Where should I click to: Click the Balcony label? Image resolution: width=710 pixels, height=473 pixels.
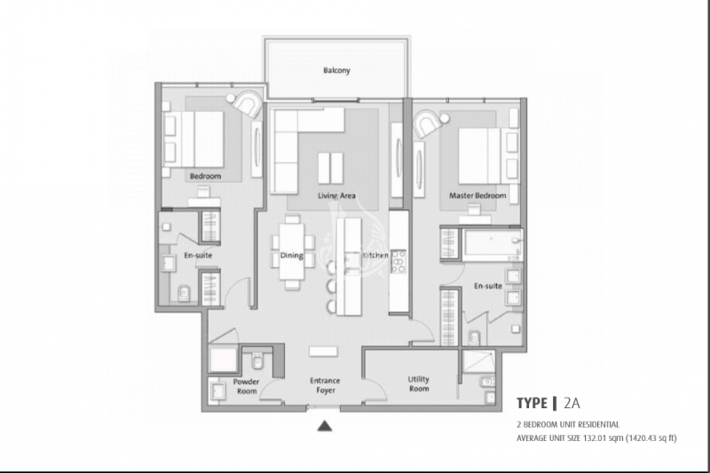pos(336,70)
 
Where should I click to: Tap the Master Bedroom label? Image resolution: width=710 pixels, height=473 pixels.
pos(477,195)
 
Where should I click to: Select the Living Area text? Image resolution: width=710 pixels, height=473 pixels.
pos(336,195)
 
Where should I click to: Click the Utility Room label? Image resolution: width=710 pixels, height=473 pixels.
pos(418,384)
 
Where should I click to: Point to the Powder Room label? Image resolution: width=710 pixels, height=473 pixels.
pos(247,386)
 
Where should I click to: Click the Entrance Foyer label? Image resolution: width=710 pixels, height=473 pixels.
pos(325,385)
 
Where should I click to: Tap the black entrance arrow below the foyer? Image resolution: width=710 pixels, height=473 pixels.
pos(325,426)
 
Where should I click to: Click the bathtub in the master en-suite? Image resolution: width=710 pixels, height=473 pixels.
pos(493,245)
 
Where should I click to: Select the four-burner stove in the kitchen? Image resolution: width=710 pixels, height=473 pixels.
pos(398,262)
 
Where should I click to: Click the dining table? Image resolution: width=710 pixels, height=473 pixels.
pos(292,252)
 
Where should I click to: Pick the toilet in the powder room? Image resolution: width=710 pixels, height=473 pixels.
pos(257,361)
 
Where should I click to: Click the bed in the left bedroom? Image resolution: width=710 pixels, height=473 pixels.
pos(193,139)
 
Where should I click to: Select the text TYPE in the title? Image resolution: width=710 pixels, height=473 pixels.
pos(532,403)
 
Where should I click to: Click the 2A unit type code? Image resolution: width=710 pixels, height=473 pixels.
pos(572,403)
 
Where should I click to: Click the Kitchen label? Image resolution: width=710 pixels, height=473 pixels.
pos(375,256)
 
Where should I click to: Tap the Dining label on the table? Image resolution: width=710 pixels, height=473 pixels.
pos(292,256)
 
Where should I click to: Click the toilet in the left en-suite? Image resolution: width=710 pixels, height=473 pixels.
pos(184,294)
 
